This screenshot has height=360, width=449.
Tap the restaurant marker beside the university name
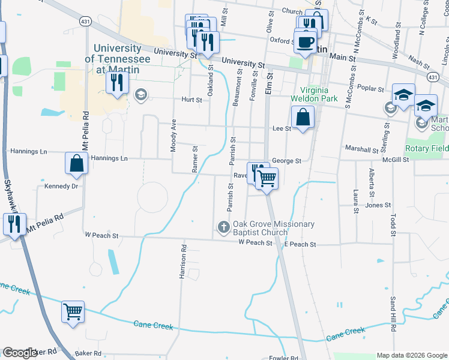point(116,83)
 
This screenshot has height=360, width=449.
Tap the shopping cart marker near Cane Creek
point(73,311)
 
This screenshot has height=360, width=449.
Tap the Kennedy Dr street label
point(61,187)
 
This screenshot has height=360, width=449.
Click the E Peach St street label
point(300,245)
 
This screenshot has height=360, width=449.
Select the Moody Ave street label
point(173,135)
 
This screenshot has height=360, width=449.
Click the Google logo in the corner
point(20,353)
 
